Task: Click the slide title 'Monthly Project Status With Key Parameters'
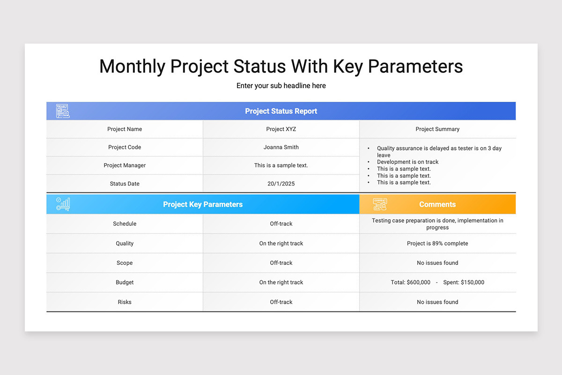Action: click(281, 67)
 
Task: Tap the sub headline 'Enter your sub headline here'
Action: click(281, 86)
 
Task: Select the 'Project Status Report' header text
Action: click(281, 111)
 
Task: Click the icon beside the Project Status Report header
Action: click(63, 111)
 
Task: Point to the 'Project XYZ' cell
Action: click(281, 129)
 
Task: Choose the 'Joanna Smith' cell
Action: click(281, 147)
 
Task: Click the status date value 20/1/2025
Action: click(281, 184)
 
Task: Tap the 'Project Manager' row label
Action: click(125, 165)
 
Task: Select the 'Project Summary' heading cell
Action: click(437, 129)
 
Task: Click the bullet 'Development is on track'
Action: click(407, 162)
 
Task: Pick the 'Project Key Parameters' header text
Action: click(203, 204)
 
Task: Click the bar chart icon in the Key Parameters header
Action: click(63, 204)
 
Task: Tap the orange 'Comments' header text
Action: click(437, 204)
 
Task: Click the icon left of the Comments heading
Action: click(380, 204)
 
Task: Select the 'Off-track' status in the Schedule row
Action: click(281, 224)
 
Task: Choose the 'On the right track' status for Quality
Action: click(281, 243)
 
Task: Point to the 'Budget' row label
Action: click(125, 282)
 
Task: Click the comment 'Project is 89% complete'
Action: click(437, 243)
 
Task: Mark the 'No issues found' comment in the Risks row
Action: click(437, 302)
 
